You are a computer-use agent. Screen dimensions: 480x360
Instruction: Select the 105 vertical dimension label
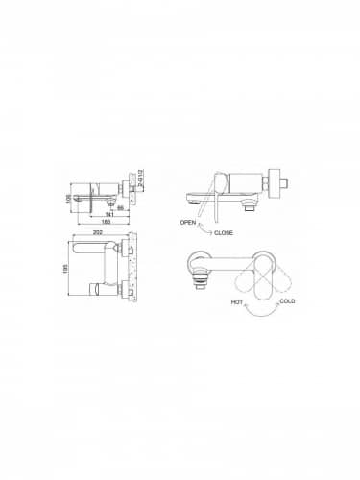pos(69,190)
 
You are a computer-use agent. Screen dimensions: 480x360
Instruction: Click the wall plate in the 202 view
pos(133,265)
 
